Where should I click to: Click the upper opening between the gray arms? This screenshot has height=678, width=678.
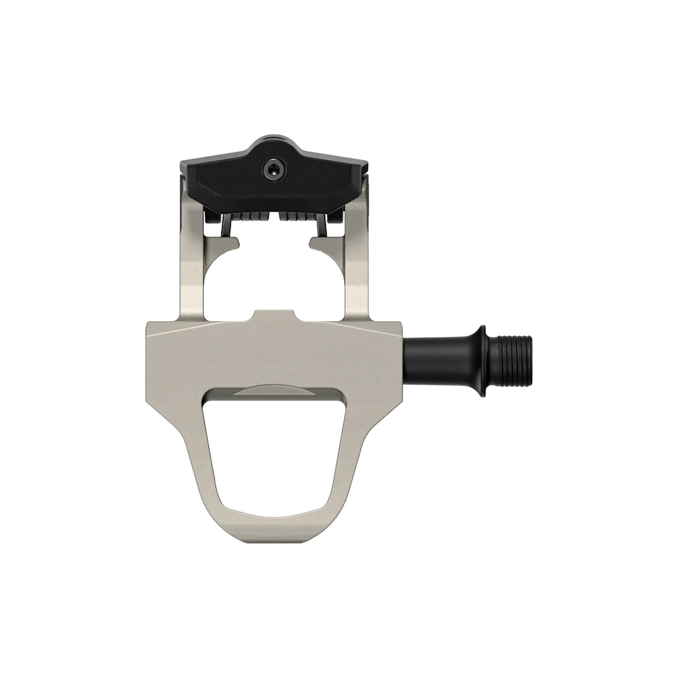click(x=274, y=279)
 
